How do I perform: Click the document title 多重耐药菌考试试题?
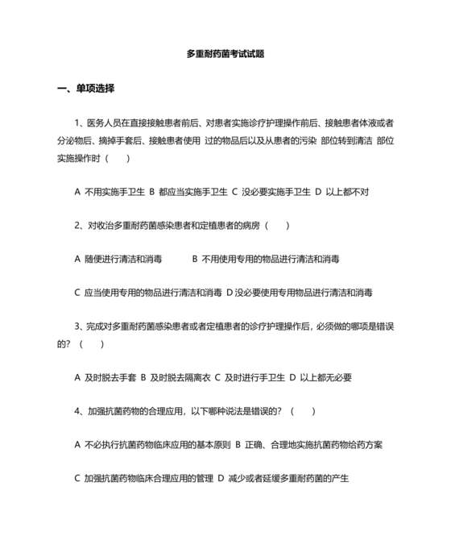click(225, 54)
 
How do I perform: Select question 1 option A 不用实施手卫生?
click(110, 192)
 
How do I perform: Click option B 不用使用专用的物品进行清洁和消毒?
click(266, 259)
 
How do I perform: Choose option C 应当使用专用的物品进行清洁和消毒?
click(148, 292)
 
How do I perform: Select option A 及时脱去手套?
click(105, 377)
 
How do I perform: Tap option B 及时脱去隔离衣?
click(176, 377)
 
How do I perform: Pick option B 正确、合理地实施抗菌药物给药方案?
click(309, 444)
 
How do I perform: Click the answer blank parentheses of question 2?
click(277, 226)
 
